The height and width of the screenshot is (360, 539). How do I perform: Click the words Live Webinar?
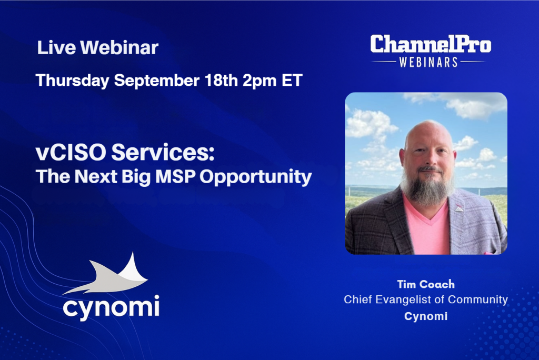(x=97, y=47)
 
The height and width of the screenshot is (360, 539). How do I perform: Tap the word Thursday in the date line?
(x=73, y=81)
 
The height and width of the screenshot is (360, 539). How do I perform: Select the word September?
(x=157, y=81)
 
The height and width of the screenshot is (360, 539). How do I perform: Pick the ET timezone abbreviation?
(x=292, y=80)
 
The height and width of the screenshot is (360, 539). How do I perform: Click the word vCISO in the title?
(x=71, y=152)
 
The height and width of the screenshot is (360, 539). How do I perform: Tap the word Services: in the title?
(x=163, y=152)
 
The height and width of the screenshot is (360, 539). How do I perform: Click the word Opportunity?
(x=256, y=177)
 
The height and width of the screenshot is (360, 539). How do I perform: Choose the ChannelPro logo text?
(x=431, y=44)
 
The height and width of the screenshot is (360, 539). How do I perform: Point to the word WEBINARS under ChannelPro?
(x=428, y=62)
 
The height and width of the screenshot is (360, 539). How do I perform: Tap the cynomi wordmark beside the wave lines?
(x=111, y=307)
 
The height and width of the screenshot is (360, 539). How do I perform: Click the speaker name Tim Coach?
(x=426, y=284)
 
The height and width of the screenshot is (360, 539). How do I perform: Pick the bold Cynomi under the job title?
(x=426, y=316)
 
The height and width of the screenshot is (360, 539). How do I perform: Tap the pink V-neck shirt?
(x=426, y=227)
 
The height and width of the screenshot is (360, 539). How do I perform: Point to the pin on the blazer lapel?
(x=459, y=208)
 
